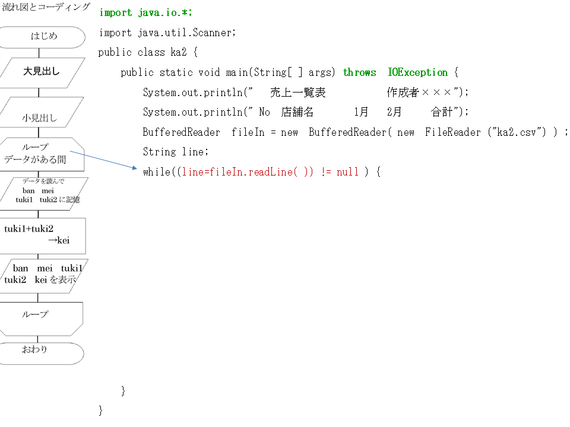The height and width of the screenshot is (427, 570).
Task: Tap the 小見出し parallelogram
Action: (41, 112)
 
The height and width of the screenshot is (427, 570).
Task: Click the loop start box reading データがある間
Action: (42, 154)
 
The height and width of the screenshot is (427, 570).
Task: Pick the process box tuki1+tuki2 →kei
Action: (42, 236)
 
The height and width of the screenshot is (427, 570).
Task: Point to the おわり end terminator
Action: (42, 353)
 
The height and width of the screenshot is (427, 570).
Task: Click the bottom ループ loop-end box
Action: (41, 319)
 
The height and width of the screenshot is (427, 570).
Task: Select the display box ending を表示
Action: (43, 276)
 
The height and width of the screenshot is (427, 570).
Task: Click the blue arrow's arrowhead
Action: (135, 168)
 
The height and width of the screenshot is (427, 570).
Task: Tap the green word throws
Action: (359, 72)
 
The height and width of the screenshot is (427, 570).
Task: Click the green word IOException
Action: (417, 72)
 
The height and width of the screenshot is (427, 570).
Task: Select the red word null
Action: (347, 172)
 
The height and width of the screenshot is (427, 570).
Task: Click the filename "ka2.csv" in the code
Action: (516, 132)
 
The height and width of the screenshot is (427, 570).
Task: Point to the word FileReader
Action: (452, 132)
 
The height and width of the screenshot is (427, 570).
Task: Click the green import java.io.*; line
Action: (146, 12)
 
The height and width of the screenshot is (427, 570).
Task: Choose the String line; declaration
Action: (176, 152)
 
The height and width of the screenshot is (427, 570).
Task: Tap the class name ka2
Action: (179, 52)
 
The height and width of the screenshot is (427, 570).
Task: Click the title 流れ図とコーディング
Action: (46, 7)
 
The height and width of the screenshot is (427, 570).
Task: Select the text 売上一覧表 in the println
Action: (297, 93)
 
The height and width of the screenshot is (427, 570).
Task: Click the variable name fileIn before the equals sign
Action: (248, 132)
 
